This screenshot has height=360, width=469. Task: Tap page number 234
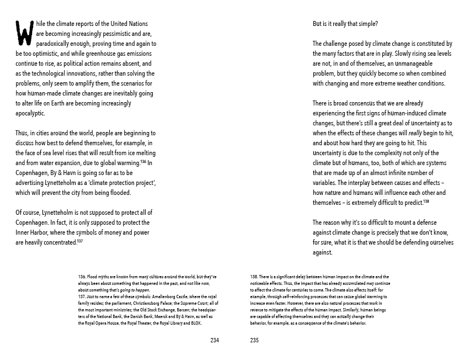coord(215,341)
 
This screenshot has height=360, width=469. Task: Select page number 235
coord(254,341)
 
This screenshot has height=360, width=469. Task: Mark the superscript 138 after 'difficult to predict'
coord(426,201)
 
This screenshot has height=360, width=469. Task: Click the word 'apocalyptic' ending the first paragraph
coord(30,113)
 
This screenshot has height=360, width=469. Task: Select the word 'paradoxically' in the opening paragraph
coord(54,44)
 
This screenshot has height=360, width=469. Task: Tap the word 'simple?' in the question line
coord(368,24)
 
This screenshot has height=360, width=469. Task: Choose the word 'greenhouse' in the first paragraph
coord(90,54)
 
